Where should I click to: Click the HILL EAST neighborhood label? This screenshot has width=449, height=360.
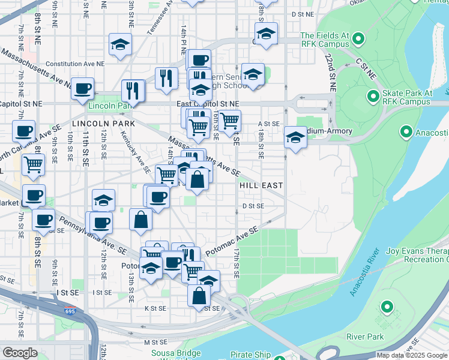click(x=261, y=186)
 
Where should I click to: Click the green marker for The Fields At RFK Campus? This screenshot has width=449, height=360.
click(x=358, y=40)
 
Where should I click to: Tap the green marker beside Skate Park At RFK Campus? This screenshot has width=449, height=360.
click(x=373, y=95)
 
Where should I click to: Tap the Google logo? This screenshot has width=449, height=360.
click(x=20, y=353)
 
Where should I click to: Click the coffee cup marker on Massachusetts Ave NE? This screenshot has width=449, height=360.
click(x=82, y=88)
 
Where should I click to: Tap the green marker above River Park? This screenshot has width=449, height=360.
click(x=387, y=309)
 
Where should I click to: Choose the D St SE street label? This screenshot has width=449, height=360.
click(x=253, y=206)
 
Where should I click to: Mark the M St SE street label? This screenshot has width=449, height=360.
click(x=154, y=342)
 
